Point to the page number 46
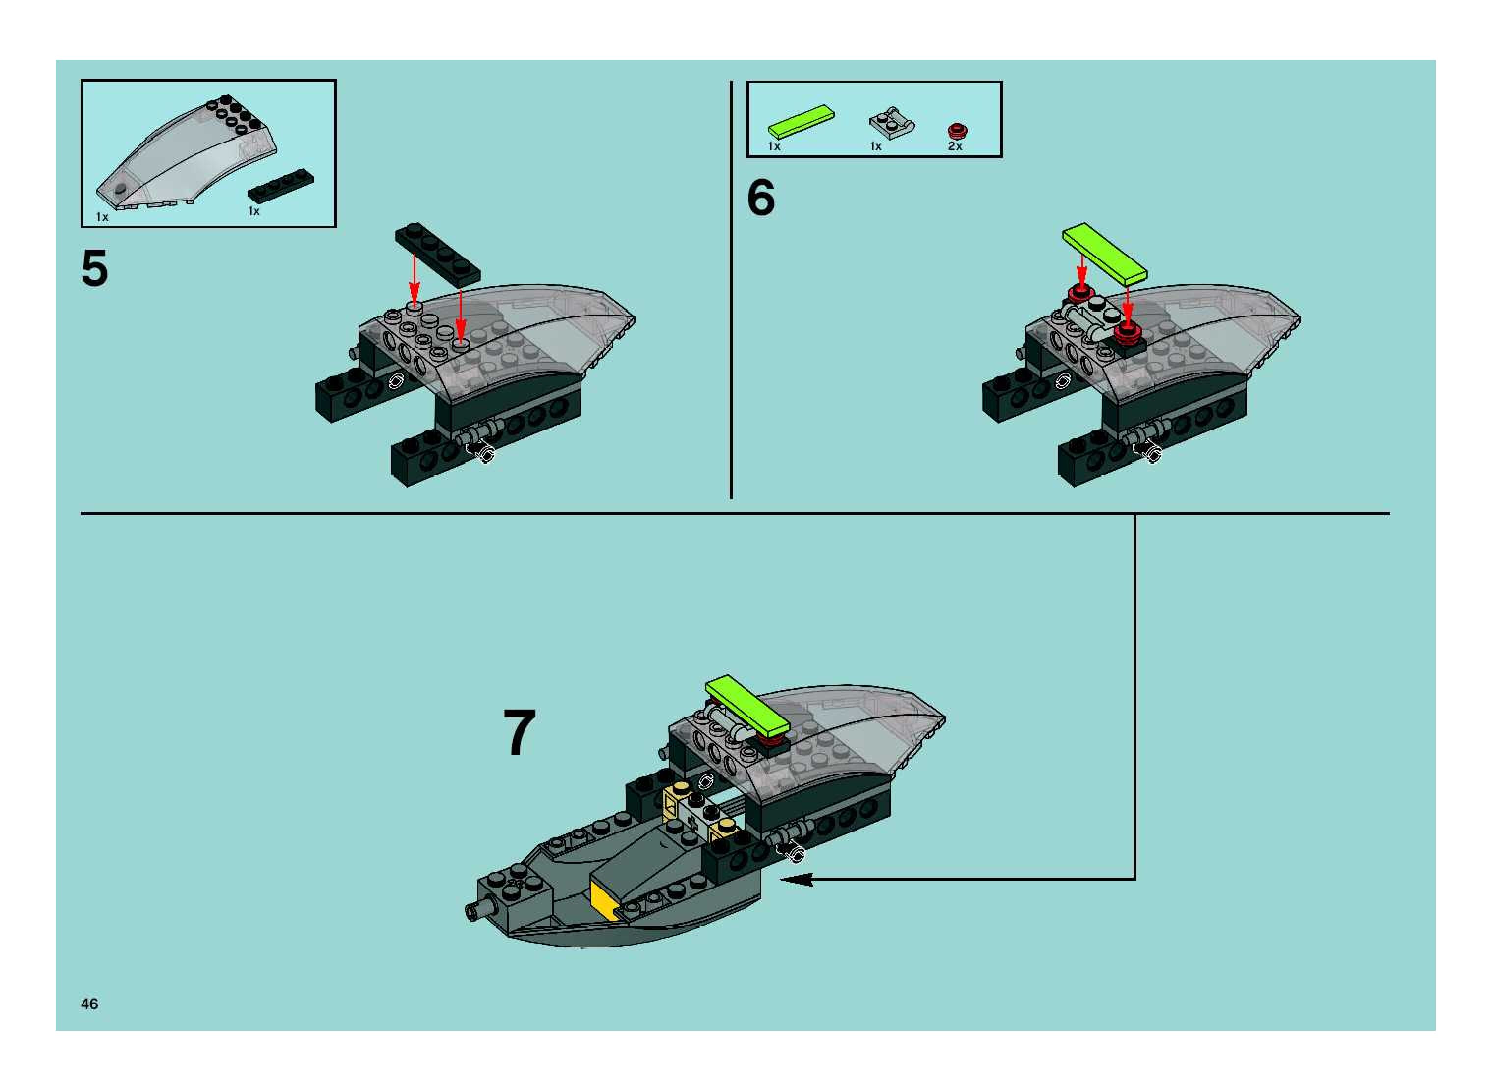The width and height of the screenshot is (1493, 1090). click(x=90, y=1004)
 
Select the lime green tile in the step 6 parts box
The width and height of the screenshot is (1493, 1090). click(x=801, y=122)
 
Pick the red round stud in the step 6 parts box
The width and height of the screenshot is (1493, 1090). click(x=957, y=131)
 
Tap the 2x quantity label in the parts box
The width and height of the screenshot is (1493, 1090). click(x=954, y=146)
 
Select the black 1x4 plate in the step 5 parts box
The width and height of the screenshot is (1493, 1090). click(x=281, y=186)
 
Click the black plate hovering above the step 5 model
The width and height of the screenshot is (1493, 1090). click(x=438, y=254)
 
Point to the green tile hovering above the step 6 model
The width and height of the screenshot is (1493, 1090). click(x=1105, y=254)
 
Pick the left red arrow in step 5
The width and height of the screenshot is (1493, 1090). click(x=414, y=279)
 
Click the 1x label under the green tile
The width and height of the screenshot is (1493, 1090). click(x=774, y=146)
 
